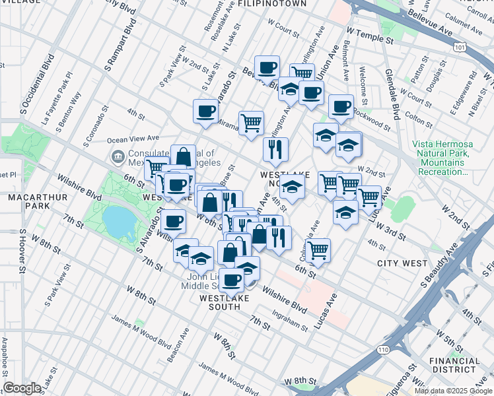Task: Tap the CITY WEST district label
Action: tap(402, 263)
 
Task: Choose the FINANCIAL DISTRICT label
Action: tap(454, 366)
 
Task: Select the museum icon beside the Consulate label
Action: tap(117, 156)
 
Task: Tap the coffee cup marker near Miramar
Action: tap(205, 110)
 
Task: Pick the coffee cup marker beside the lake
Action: tap(173, 221)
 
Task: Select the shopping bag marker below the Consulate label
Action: tap(183, 157)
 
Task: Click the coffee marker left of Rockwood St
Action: tap(341, 106)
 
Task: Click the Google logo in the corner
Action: tap(22, 388)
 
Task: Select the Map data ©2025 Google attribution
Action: tap(453, 391)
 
